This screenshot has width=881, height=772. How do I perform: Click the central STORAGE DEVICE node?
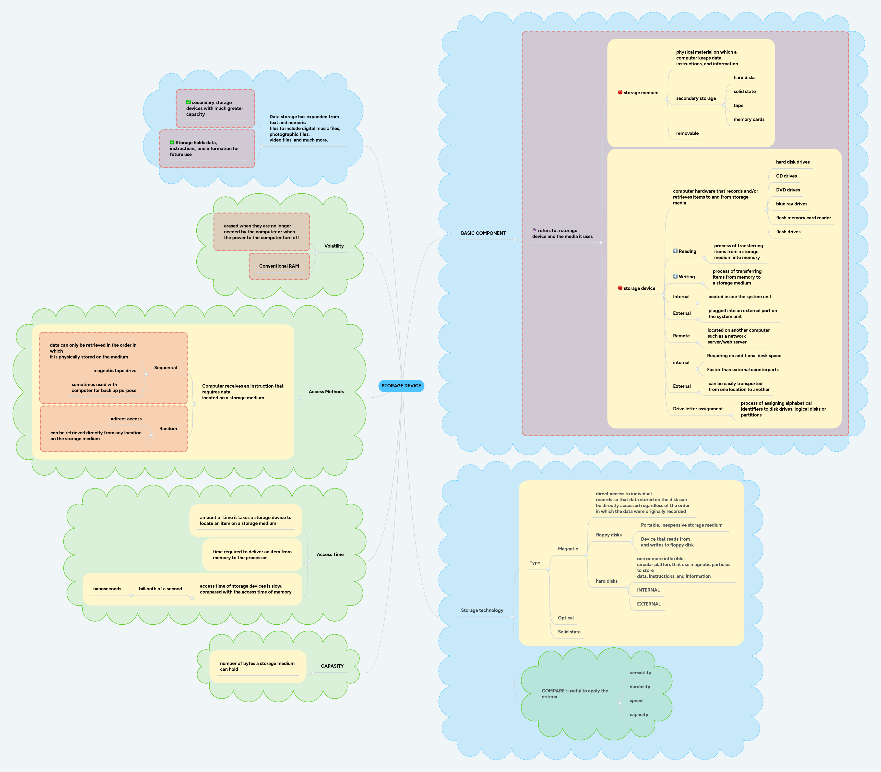click(401, 386)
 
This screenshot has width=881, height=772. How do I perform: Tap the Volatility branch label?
click(334, 246)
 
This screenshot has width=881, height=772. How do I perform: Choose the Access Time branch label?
click(330, 554)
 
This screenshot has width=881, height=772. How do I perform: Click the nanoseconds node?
click(107, 589)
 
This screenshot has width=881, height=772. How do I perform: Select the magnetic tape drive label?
click(115, 370)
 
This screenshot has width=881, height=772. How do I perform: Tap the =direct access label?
click(126, 419)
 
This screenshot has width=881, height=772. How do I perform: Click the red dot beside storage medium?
click(620, 92)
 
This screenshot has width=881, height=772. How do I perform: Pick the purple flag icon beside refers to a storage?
click(535, 230)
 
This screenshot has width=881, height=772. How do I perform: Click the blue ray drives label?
click(791, 204)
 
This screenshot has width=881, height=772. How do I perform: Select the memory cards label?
click(749, 119)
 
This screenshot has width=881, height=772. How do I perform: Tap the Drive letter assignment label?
click(697, 409)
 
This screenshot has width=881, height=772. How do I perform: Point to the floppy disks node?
click(608, 535)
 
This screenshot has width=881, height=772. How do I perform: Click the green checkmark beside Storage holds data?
click(172, 142)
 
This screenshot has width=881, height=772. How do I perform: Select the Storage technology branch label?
click(482, 610)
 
